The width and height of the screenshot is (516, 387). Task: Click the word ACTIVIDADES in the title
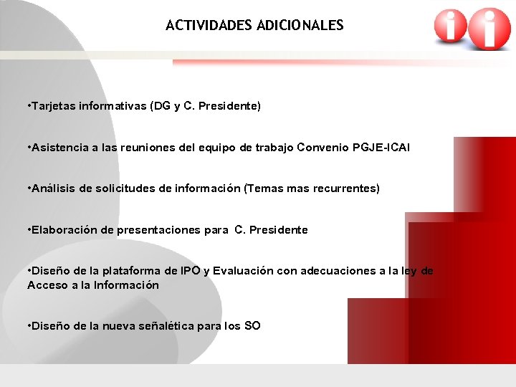(208, 26)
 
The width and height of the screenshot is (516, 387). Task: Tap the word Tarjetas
(52, 106)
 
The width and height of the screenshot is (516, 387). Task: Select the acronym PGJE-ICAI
(381, 148)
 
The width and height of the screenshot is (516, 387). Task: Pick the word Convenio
(327, 148)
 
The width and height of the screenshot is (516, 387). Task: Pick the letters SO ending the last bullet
(252, 326)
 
